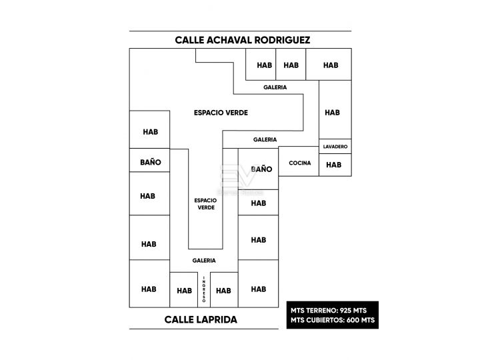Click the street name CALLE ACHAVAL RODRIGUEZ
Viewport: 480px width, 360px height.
[243, 40]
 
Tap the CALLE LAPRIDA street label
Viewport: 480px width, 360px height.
[201, 319]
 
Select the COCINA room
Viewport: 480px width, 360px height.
[299, 161]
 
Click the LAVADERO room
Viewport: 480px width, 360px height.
[335, 146]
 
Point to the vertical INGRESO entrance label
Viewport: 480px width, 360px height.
[204, 289]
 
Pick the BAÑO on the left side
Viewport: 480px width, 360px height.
[150, 160]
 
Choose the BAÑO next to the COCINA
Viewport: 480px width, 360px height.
[259, 169]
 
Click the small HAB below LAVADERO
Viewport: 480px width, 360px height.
[335, 165]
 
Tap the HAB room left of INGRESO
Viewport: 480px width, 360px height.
[184, 290]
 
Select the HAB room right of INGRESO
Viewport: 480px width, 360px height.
[224, 290]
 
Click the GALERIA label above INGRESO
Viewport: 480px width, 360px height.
[204, 261]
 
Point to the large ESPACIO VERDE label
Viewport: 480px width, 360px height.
[221, 113]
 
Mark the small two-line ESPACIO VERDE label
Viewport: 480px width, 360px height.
[206, 204]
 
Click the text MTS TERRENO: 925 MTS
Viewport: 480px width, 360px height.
[329, 311]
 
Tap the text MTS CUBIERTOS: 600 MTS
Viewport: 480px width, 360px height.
[333, 320]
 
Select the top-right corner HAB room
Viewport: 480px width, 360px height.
[329, 64]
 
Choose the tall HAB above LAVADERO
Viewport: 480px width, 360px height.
[335, 109]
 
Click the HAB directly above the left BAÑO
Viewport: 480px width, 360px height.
[150, 129]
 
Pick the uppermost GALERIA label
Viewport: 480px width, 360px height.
[275, 87]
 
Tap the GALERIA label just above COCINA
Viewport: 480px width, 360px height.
[265, 139]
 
